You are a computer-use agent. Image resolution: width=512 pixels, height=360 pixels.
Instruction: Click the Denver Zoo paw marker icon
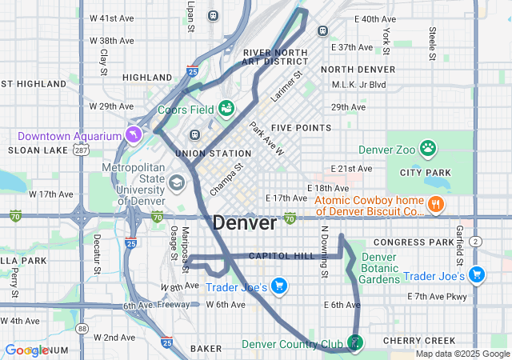click(429, 147)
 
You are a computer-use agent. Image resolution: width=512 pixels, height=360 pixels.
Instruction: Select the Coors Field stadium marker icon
click(226, 108)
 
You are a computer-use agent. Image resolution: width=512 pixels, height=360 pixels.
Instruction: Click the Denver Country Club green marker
click(355, 342)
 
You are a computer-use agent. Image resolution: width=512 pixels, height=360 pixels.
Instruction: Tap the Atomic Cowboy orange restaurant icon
click(437, 204)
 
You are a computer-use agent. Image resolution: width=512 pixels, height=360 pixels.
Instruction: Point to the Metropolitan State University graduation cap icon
click(175, 182)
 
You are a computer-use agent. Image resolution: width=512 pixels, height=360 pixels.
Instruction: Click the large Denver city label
click(245, 223)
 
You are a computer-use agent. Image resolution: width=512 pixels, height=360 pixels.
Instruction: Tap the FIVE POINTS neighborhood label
click(301, 128)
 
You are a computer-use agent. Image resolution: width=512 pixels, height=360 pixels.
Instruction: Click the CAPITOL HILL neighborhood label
click(282, 256)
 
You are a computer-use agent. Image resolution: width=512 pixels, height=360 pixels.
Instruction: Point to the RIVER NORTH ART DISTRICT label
click(275, 56)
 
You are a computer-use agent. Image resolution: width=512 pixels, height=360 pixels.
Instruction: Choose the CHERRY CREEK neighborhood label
click(418, 340)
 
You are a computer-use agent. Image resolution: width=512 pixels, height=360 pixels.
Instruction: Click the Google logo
click(26, 350)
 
